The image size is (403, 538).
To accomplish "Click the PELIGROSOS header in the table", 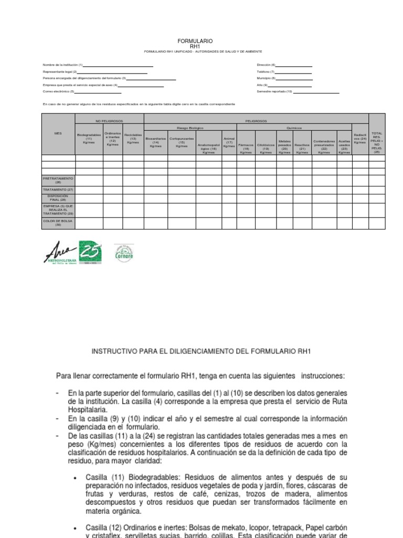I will click(256, 121).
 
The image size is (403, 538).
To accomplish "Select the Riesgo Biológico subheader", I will click(190, 128).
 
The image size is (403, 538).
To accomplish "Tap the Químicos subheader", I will click(294, 128).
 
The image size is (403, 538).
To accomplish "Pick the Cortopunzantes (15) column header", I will click(182, 142).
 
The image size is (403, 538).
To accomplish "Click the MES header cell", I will click(58, 133).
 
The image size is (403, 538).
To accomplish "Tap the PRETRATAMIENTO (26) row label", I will click(58, 180).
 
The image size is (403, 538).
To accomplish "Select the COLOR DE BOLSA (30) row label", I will click(58, 223).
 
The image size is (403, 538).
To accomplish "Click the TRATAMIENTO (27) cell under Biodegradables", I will click(89, 189).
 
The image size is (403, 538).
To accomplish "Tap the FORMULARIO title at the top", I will click(195, 41).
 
